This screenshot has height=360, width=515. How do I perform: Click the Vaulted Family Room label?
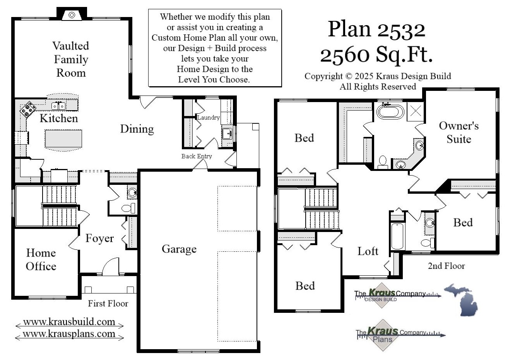pos(70,59)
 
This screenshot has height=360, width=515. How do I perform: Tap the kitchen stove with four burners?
pos(27,109)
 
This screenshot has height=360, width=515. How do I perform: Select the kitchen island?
pos(63,139)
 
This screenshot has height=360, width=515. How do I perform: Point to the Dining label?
pos(137,129)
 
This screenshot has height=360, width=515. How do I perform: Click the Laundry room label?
pos(208,118)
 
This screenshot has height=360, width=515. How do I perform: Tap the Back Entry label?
pos(197,156)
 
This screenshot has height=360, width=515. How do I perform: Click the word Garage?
pos(179,249)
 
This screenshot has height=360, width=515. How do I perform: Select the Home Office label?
pos(41,259)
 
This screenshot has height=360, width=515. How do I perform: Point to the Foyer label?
pos(99,238)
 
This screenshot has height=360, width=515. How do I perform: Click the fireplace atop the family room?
pos(72,15)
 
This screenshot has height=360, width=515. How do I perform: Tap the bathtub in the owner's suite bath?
pos(390,112)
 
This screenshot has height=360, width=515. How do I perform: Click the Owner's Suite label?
pos(459,132)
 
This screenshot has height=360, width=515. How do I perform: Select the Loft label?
pos(368,251)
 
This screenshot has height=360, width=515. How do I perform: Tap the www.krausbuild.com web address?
pos(69,322)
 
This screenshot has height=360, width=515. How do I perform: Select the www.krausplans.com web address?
pos(69,334)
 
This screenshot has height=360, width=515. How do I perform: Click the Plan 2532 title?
pos(376,29)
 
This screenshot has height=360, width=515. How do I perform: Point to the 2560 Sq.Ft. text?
pos(376,55)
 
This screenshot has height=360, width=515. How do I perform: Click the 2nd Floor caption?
pos(446,266)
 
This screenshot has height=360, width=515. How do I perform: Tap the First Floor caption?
pos(108,304)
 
